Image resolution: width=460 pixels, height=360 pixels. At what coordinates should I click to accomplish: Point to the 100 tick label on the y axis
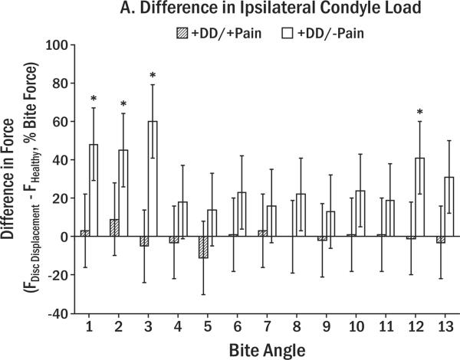click(56, 44)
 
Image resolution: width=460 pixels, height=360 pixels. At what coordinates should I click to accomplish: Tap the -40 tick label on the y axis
click(56, 313)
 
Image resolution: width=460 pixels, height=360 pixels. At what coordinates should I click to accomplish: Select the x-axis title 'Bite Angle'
click(263, 349)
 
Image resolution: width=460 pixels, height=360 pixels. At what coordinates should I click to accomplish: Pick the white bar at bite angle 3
click(153, 178)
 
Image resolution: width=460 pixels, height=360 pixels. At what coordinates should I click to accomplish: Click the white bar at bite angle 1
click(94, 190)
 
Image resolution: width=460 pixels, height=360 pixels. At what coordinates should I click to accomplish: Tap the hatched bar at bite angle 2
click(114, 227)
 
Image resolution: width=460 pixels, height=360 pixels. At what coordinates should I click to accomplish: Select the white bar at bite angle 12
click(419, 197)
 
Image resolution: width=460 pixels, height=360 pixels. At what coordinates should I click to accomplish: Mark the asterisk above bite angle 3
click(153, 76)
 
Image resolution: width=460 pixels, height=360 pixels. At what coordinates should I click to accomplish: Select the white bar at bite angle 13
click(449, 207)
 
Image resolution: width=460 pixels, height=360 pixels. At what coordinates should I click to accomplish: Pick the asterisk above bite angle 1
click(94, 99)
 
